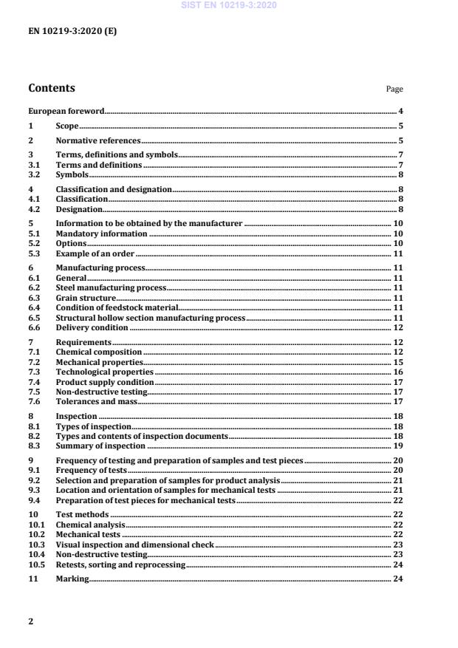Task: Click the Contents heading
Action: pos(52,89)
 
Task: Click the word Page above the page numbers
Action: pos(394,89)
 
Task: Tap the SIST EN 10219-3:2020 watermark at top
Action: pos(229,6)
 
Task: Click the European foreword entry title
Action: pos(66,112)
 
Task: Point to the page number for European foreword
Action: pos(400,112)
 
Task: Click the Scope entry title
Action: pos(67,126)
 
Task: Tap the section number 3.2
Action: pos(35,175)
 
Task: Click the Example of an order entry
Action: pos(95,253)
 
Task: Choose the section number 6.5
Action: pos(35,318)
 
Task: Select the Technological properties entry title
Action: pos(105,372)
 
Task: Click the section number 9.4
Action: pos(35,500)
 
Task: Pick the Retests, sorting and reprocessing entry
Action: pos(120,564)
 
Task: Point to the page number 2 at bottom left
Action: pos(31,621)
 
